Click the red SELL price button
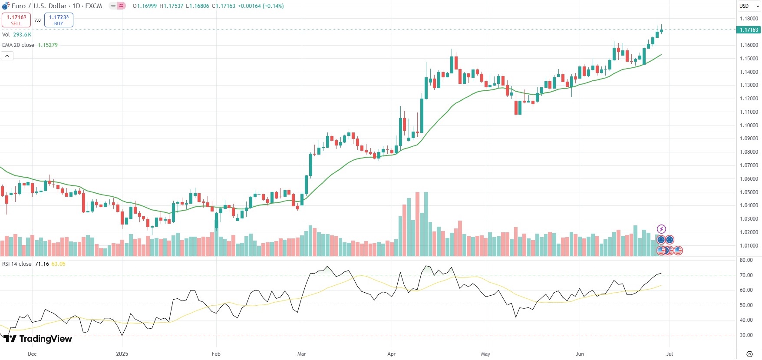click(x=16, y=20)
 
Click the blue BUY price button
click(x=59, y=20)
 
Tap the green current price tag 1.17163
click(x=749, y=30)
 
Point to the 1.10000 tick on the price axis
click(x=749, y=126)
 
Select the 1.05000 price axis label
click(x=749, y=192)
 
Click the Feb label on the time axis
click(x=216, y=354)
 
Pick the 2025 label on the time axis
click(x=122, y=354)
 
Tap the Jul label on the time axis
click(x=670, y=354)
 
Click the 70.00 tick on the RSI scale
click(x=746, y=275)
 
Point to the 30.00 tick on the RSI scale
click(x=746, y=335)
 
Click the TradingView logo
click(x=38, y=339)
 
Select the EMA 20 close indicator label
click(x=18, y=45)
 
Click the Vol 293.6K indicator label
click(x=16, y=35)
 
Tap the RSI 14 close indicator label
click(x=17, y=264)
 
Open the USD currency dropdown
click(x=749, y=6)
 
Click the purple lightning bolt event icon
click(x=661, y=229)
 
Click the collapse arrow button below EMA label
click(x=7, y=56)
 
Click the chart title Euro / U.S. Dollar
click(x=40, y=6)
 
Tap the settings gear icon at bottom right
click(x=749, y=354)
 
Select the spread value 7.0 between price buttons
click(x=37, y=20)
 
